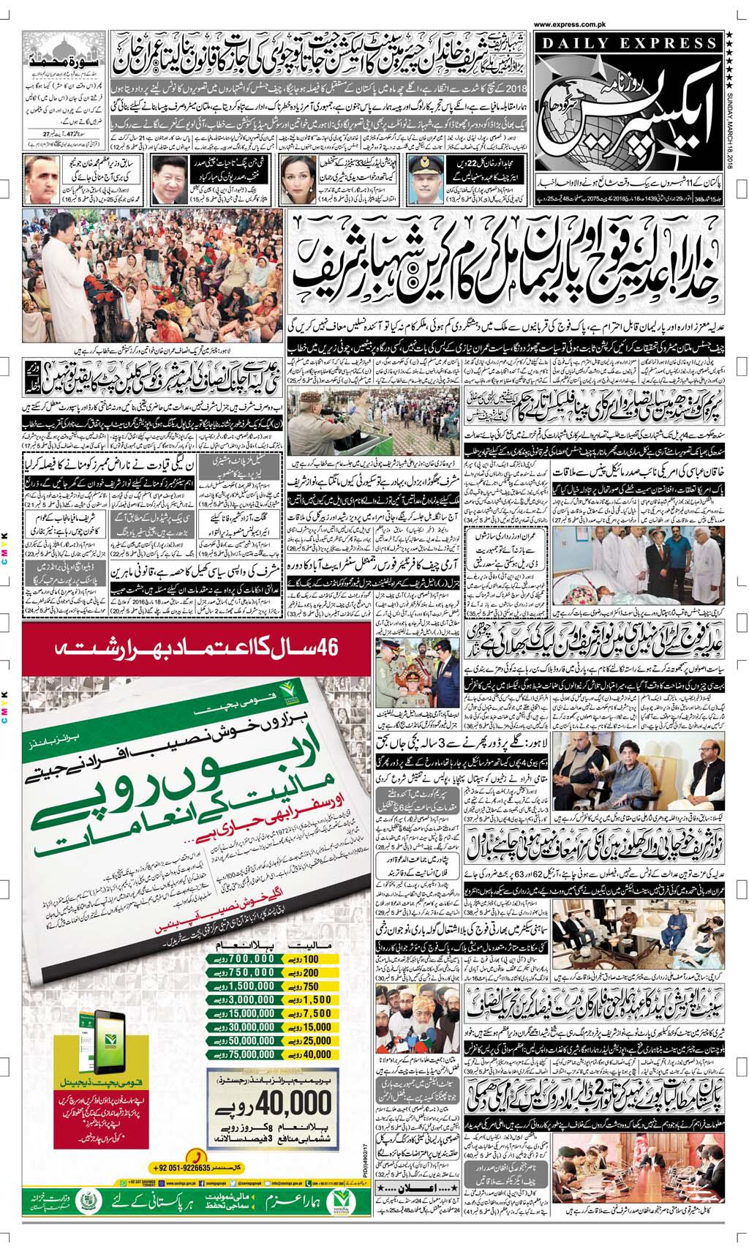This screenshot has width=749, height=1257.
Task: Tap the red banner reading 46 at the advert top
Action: [x=200, y=648]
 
